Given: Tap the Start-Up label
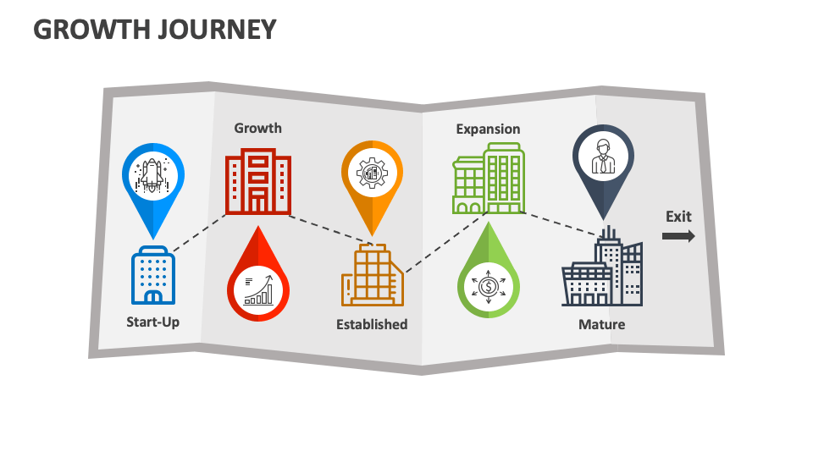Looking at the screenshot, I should coord(152,322).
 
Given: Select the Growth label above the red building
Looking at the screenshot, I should coord(257,128).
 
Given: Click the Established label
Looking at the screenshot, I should coord(372,324).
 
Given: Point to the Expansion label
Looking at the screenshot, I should coord(488,129).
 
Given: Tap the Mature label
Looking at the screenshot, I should coord(601,324).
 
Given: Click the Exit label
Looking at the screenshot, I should coord(678,216).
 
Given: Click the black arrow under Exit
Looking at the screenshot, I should coord(678,236).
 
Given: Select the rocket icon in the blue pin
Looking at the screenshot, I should coord(152,174).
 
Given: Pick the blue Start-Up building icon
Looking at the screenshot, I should coord(153,276).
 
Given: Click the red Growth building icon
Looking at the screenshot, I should coord(259,183).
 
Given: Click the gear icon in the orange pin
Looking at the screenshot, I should coord(372,172).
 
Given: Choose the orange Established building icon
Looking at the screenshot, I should coord(372,276).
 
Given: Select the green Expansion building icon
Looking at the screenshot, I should coord(489,179).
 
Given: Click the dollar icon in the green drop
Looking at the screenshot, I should coord(488,286).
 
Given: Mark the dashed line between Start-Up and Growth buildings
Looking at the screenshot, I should coord(200,232).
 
